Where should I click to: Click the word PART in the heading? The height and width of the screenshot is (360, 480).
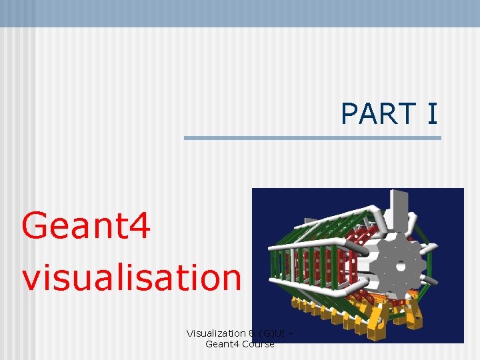pos(378,114)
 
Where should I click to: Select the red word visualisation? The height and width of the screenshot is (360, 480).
pos(131,277)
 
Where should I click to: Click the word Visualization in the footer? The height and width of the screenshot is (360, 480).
pos(215,333)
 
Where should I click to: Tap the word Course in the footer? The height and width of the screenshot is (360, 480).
pos(258,344)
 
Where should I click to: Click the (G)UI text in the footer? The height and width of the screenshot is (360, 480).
pos(270,333)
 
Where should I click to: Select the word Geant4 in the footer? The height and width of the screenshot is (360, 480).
pos(223,344)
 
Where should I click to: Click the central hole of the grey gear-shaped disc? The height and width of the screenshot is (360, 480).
pos(401,265)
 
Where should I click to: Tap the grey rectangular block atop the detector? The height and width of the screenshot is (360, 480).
pos(399,207)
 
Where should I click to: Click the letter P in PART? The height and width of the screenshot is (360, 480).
pos(350,114)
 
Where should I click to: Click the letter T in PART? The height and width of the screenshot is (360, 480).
pos(406,114)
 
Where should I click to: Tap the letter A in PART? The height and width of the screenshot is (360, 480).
pos(369,114)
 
